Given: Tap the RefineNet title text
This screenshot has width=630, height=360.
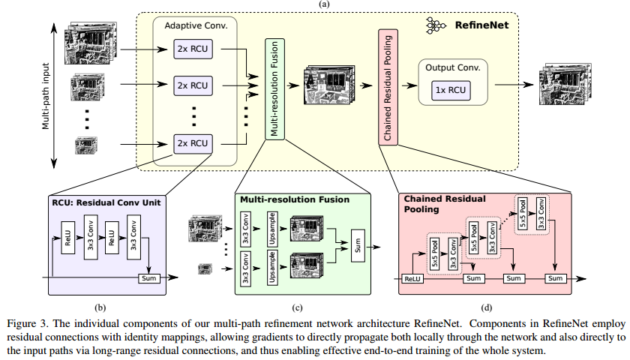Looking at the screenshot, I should (481, 25).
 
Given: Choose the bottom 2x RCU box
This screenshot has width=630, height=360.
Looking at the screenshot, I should (192, 142).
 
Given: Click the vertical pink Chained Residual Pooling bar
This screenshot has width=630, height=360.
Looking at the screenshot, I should (388, 87).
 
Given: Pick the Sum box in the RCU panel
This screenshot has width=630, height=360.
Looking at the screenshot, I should (148, 278).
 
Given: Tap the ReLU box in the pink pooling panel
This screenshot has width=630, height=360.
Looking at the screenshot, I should (412, 278).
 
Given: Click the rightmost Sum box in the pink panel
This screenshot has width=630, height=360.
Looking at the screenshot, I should (554, 278).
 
